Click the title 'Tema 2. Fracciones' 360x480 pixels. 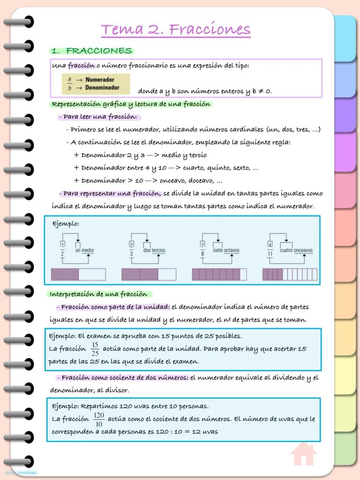click(x=176, y=30)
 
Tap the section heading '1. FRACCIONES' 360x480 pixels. click(x=93, y=51)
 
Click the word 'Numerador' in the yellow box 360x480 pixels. click(x=100, y=80)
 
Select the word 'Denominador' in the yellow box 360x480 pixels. click(x=103, y=87)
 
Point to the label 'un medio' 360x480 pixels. click(x=84, y=251)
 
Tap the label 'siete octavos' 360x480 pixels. click(x=226, y=251)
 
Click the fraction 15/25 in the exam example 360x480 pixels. click(x=95, y=349)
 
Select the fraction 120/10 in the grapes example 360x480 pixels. click(x=99, y=420)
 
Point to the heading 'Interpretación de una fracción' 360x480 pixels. click(x=100, y=294)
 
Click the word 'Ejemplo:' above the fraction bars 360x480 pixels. click(x=66, y=224)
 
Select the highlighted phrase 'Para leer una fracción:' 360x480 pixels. click(x=100, y=117)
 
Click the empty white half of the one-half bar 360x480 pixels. click(x=92, y=275)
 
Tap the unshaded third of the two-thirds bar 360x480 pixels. click(x=167, y=275)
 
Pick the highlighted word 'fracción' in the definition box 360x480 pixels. click(x=81, y=66)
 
